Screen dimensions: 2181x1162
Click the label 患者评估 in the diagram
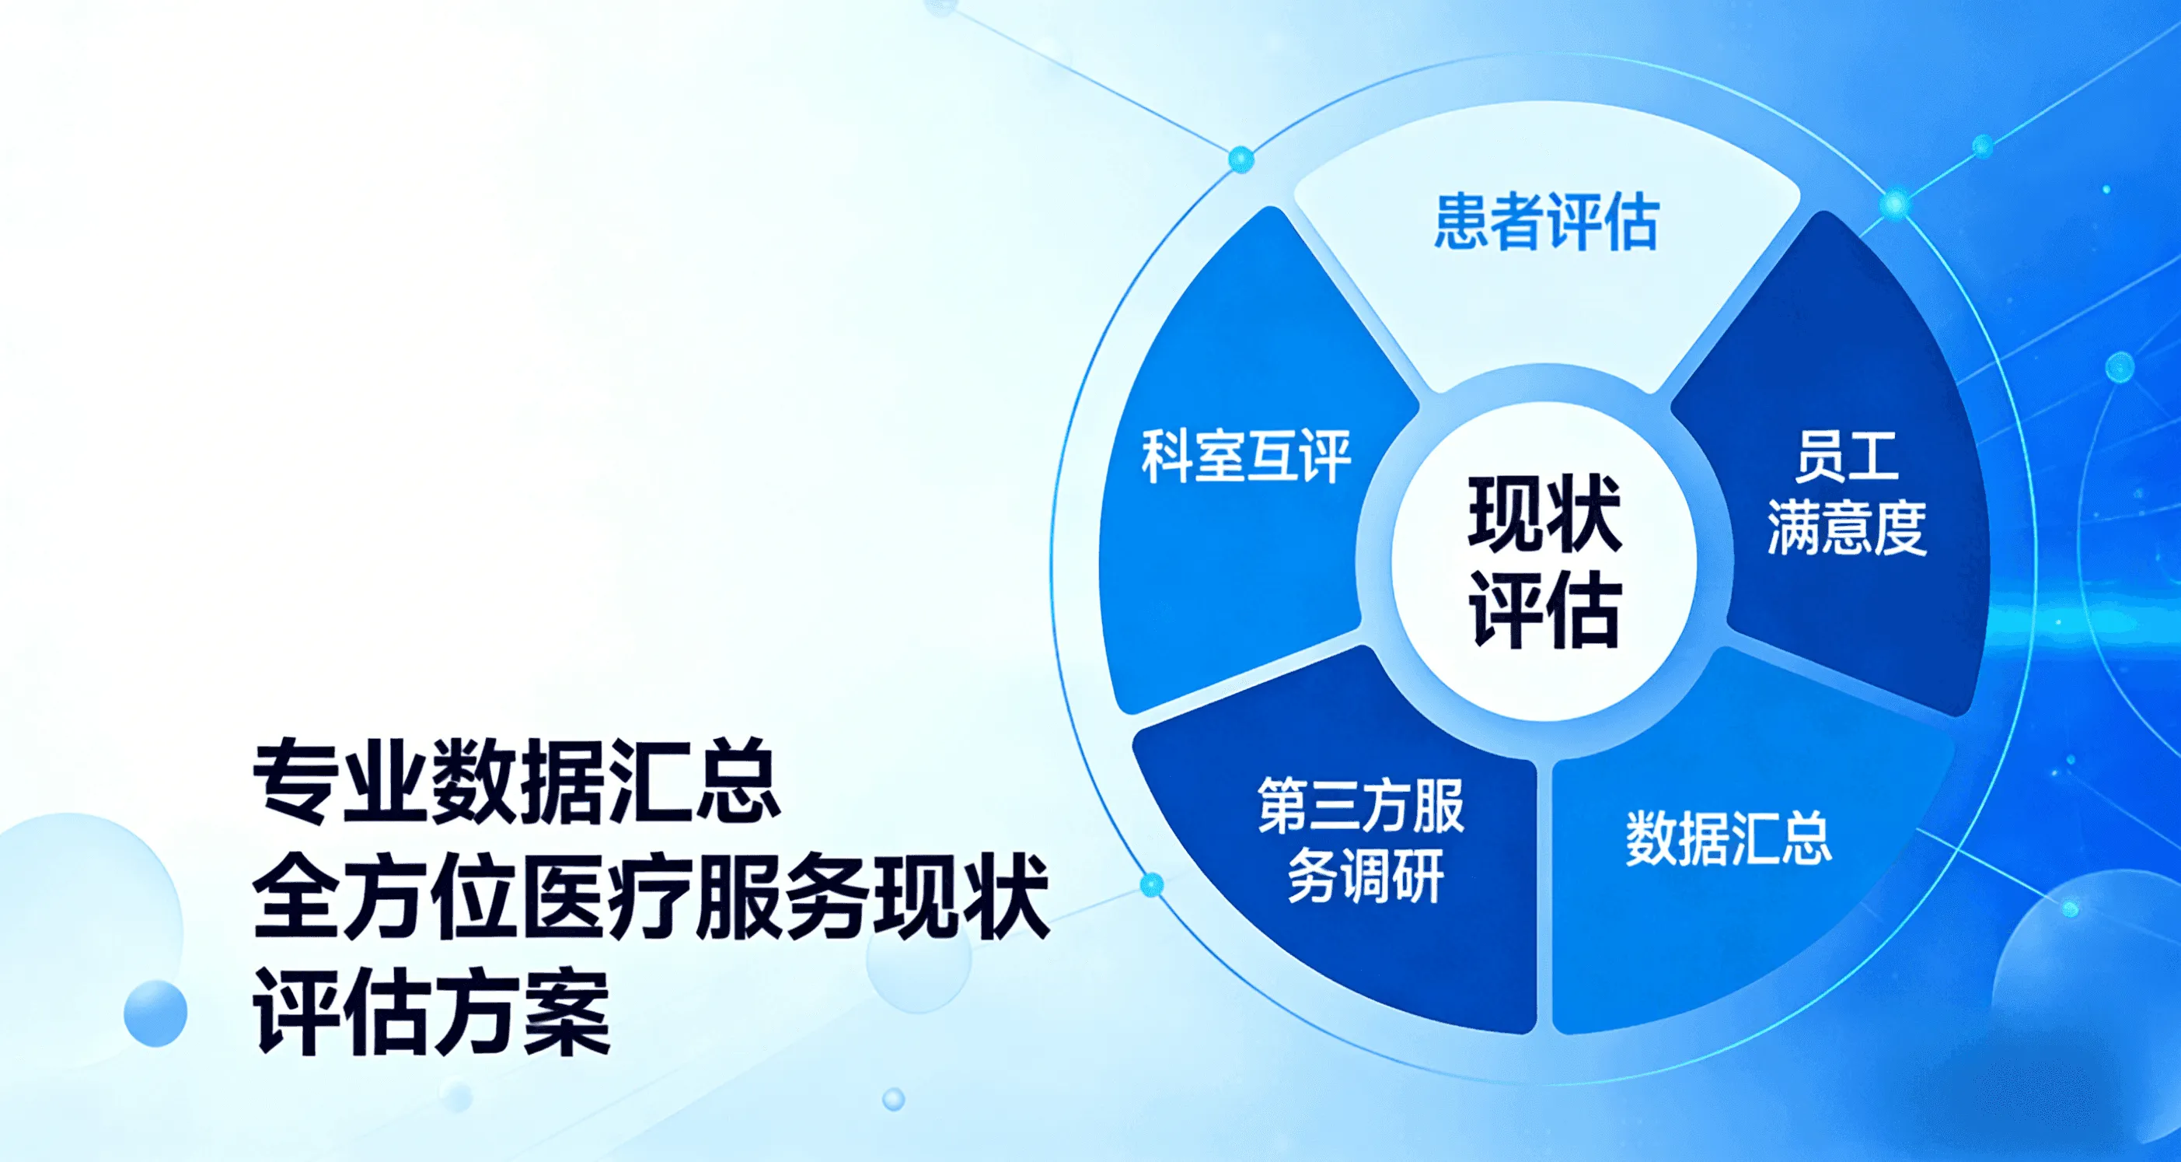(x=1546, y=221)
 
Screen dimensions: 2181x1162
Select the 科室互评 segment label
(x=1246, y=457)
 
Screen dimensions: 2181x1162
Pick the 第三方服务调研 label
(x=1362, y=839)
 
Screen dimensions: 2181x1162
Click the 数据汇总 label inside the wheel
(x=1729, y=838)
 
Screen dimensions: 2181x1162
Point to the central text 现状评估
(x=1545, y=562)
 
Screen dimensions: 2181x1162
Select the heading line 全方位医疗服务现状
(x=651, y=897)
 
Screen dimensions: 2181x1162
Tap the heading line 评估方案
(x=432, y=1012)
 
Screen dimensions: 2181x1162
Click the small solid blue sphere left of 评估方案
(x=155, y=1013)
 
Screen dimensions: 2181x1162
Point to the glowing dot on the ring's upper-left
(x=1241, y=159)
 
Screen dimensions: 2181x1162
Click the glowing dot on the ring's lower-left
(x=1151, y=885)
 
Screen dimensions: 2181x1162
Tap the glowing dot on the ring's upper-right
(x=1896, y=204)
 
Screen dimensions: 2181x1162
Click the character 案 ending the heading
(x=567, y=1012)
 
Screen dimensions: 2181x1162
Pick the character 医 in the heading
(x=561, y=897)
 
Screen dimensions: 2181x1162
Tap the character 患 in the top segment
(x=1461, y=221)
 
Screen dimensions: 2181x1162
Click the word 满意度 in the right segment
(x=1847, y=527)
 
